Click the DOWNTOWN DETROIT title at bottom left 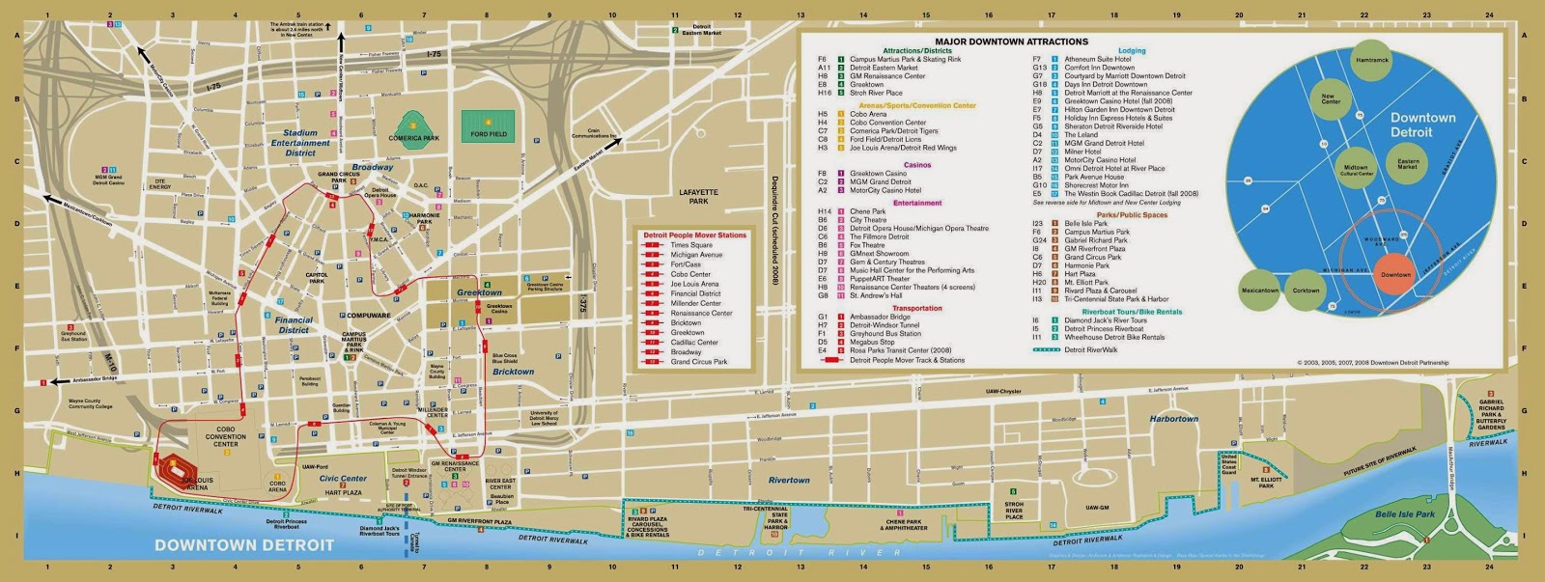pos(243,544)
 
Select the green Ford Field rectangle pos(489,126)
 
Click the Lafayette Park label pos(698,197)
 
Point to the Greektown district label pos(479,291)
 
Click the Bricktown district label pos(513,372)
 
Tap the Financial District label pos(294,324)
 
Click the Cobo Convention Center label pos(225,436)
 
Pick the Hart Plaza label pos(343,493)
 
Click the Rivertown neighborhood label pos(788,480)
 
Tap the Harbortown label pos(1173,419)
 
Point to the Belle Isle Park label pos(1404,514)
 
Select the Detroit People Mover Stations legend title pos(694,235)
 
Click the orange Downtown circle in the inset pos(1394,274)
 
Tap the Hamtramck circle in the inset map pos(1371,60)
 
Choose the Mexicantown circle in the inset pos(1259,290)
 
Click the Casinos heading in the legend pos(916,165)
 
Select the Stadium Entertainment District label pos(300,143)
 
